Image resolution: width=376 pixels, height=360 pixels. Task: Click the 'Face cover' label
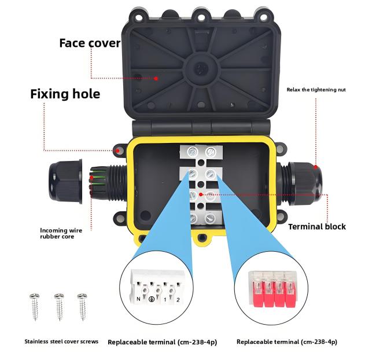pos(90,43)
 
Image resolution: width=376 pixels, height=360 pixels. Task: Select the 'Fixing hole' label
pos(65,93)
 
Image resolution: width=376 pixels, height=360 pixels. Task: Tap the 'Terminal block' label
pos(316,226)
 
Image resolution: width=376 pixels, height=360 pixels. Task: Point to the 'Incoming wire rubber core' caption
pos(61,233)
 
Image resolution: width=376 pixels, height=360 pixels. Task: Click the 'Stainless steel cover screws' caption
pos(61,341)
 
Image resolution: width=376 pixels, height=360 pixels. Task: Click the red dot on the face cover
pos(156,78)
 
